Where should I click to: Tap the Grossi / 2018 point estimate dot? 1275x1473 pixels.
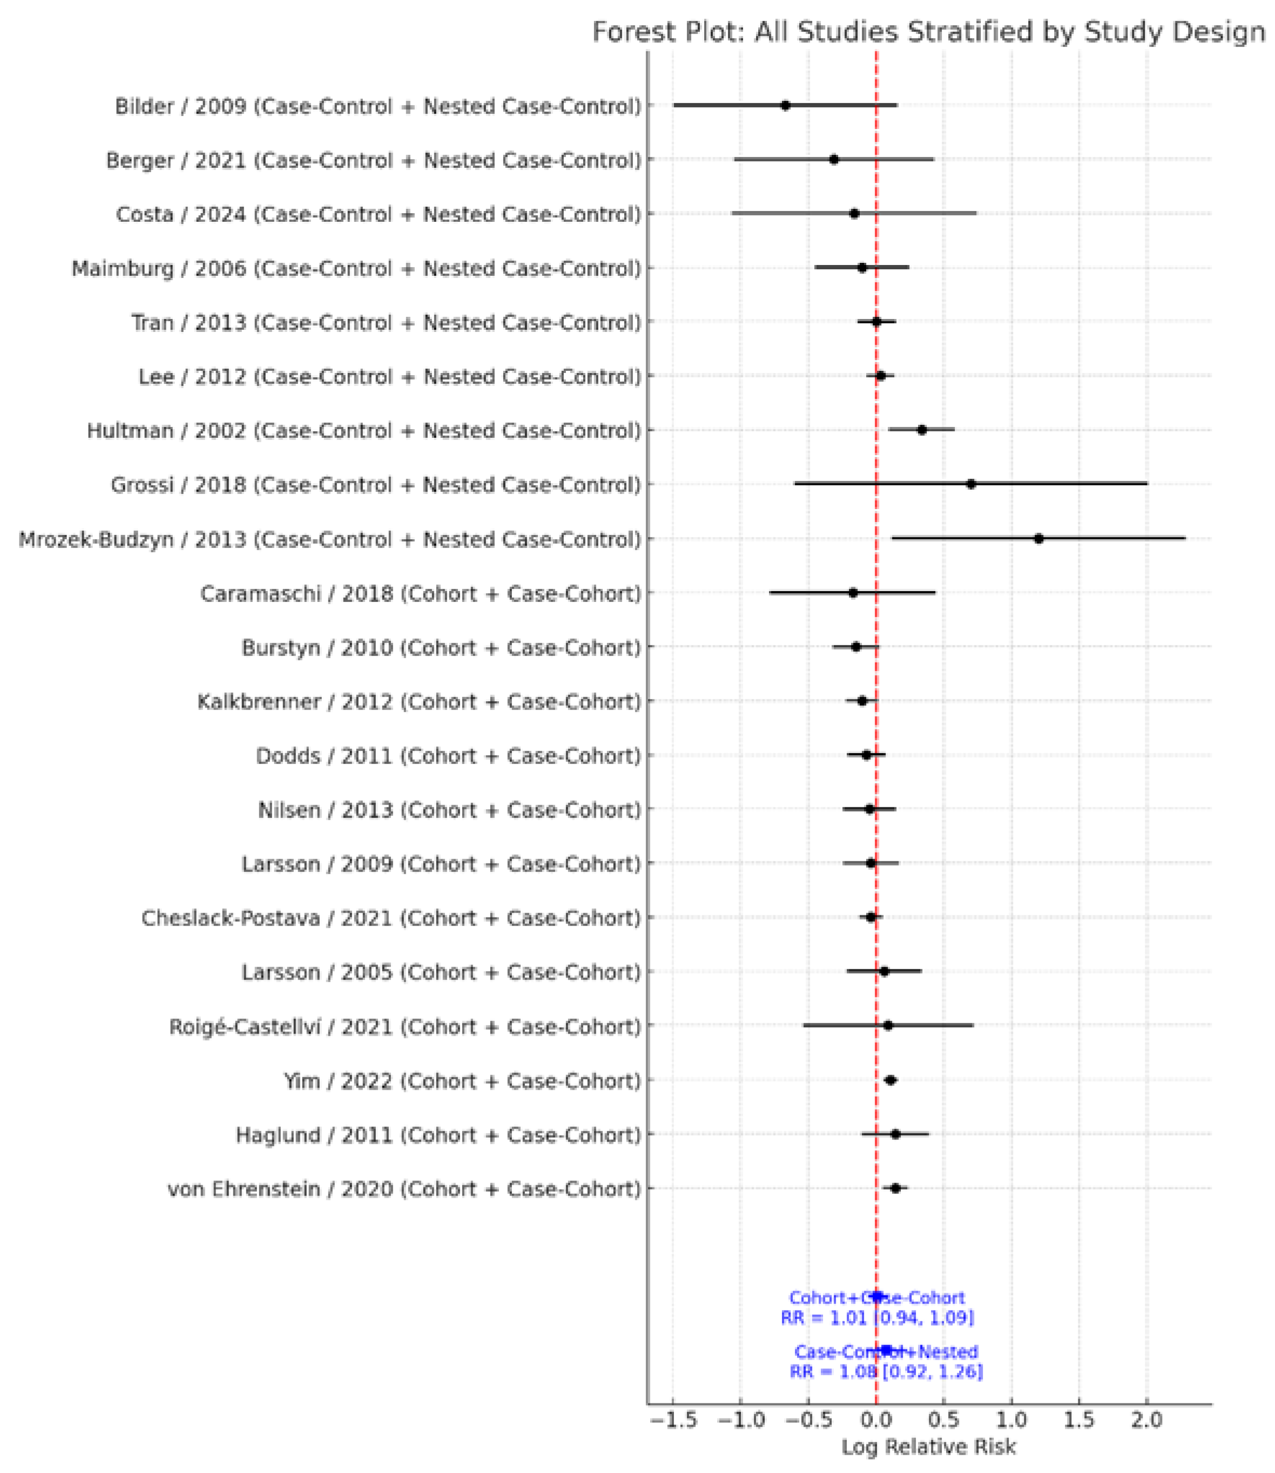pyautogui.click(x=971, y=484)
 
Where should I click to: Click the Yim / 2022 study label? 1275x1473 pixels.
pyautogui.click(x=462, y=1081)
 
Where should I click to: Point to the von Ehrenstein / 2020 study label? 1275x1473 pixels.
pyautogui.click(x=404, y=1189)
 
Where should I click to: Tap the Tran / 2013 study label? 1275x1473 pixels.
pyautogui.click(x=386, y=323)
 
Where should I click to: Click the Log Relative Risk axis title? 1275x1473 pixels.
pyautogui.click(x=928, y=1447)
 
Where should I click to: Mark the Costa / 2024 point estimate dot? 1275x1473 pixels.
pyautogui.click(x=854, y=213)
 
